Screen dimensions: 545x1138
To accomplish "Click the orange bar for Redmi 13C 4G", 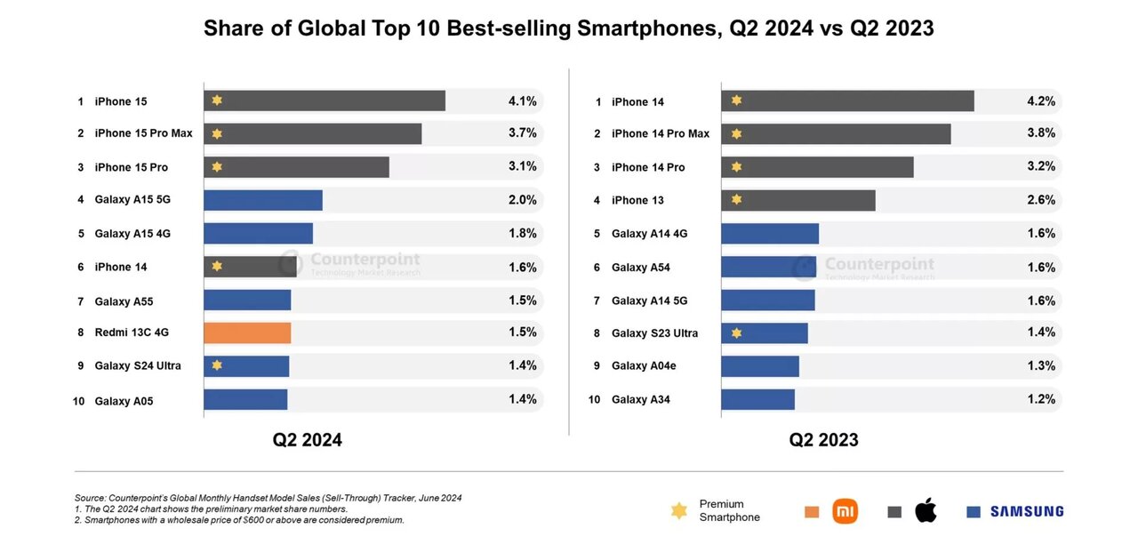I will point(247,333).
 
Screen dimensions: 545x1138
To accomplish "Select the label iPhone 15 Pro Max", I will point(143,133).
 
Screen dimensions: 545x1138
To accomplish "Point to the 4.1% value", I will point(522,101).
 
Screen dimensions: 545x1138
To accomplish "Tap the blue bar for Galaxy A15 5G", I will point(262,200).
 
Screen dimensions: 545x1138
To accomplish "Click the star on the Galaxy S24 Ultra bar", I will point(217,365).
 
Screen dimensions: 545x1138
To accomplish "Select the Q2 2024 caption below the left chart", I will point(308,439).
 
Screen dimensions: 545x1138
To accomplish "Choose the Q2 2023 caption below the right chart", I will point(823,439).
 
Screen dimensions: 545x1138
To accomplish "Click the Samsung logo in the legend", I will point(1026,511).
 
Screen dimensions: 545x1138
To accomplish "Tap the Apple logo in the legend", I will point(926,511).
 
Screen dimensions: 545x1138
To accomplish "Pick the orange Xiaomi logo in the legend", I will point(845,511).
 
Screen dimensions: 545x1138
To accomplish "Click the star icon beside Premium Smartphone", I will point(679,511).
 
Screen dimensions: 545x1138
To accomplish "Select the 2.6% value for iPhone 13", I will point(1041,200).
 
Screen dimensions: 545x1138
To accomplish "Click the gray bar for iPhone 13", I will point(797,200).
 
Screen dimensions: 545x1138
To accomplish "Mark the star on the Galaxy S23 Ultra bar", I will point(736,333).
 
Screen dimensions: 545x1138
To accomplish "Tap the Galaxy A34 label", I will point(640,400).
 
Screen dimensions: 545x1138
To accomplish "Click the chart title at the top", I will point(569,28).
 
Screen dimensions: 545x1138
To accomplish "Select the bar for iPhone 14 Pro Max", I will point(836,134).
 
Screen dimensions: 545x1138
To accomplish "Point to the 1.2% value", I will point(1041,399).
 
